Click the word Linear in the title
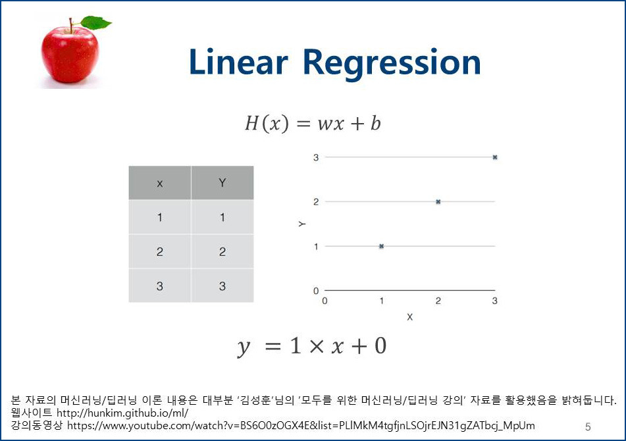238,63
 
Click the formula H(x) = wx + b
313,123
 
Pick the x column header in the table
159,183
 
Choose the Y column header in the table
222,183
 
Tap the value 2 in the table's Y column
222,251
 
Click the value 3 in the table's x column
159,286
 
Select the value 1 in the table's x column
159,217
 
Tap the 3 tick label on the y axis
316,157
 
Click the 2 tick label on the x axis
438,301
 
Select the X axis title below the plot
409,317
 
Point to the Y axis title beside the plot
301,224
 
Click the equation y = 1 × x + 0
313,346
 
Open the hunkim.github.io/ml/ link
122,413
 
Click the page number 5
588,427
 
